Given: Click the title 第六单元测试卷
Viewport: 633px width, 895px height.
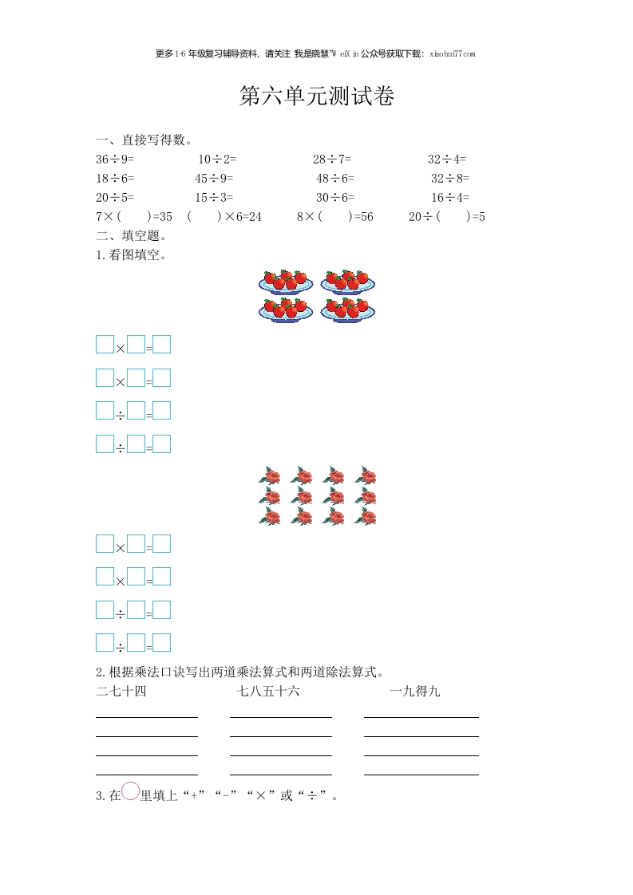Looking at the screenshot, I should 317,97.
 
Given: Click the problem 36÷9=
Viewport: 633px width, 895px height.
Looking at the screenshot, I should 115,159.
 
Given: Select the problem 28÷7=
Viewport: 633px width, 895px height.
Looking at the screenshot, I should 332,159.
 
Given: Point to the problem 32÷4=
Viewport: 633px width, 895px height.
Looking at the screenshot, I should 447,159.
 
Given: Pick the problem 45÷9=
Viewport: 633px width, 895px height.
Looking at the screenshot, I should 214,178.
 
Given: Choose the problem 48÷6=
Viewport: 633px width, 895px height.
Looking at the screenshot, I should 335,178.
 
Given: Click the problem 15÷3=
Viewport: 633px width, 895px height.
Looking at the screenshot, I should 214,197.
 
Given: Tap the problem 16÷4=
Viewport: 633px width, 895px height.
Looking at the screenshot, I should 450,197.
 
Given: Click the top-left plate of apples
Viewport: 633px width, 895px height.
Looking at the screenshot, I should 286,282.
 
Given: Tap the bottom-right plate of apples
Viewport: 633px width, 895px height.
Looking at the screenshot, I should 348,310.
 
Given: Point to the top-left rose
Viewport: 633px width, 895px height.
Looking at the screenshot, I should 270,476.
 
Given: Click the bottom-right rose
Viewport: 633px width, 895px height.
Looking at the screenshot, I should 366,516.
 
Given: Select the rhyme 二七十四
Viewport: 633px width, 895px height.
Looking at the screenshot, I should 121,691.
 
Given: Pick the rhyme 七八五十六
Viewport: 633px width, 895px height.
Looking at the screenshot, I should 268,691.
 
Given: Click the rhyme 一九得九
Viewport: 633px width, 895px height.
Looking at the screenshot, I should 415,691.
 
